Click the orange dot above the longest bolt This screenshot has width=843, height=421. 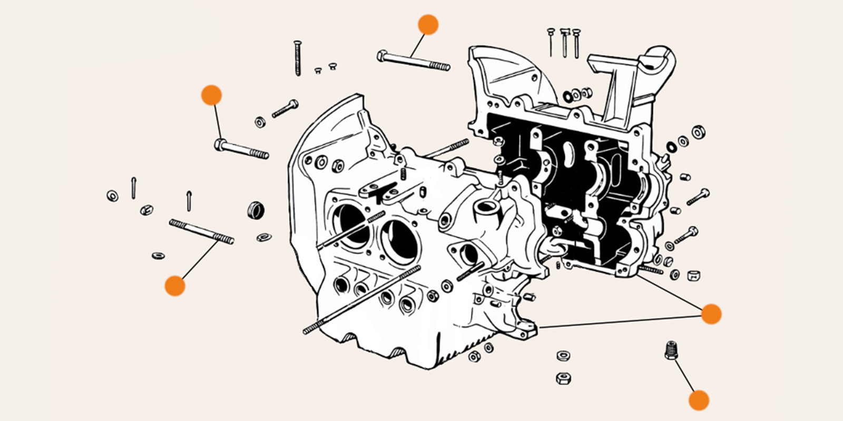coord(428,25)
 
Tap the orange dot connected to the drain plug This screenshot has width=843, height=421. coord(699,400)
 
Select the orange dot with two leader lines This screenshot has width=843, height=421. coord(711,314)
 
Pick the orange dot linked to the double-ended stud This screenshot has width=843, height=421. coord(175,286)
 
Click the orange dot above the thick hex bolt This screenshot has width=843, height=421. coord(211,95)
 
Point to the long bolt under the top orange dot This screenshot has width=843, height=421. coord(414,61)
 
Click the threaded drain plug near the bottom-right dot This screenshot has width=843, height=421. coord(670,350)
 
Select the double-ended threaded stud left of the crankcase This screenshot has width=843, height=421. coord(201,232)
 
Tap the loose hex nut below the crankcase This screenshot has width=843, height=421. coord(563,378)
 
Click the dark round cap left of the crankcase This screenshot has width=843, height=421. coord(256,209)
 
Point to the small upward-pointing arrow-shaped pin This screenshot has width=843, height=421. coord(189,200)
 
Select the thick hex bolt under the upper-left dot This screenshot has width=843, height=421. coord(241,149)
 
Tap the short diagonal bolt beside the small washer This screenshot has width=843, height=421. coord(285,108)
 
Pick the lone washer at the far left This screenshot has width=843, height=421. coord(112,196)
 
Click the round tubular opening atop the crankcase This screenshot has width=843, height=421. coord(483,206)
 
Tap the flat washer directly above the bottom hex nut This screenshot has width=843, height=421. coord(563,356)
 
